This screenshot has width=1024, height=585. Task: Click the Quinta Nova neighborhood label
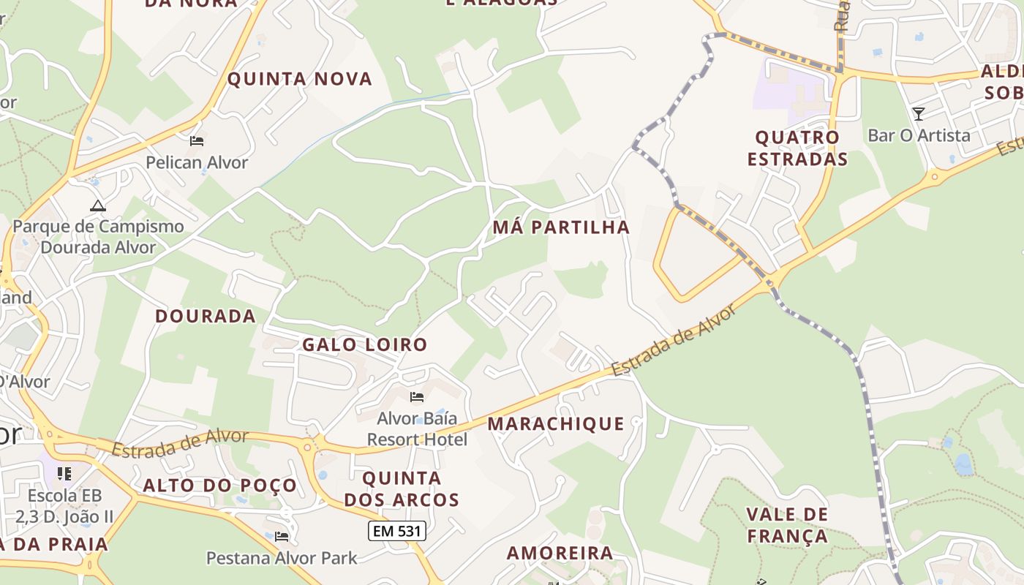click(x=300, y=79)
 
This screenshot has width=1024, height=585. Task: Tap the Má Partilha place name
click(x=561, y=227)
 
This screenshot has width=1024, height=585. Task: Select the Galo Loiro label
click(x=364, y=344)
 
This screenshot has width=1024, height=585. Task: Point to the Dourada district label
click(x=206, y=316)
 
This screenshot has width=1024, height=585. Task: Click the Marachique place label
click(x=556, y=423)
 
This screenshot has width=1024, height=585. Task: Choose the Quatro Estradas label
click(x=797, y=148)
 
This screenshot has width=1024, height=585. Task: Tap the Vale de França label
click(x=787, y=525)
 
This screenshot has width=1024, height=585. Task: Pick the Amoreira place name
click(x=560, y=553)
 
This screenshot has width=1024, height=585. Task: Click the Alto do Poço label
click(x=219, y=485)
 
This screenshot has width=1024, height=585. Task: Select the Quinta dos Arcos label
click(x=402, y=489)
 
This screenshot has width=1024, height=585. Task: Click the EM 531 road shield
click(x=396, y=531)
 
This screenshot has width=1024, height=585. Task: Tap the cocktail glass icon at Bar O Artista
click(x=919, y=113)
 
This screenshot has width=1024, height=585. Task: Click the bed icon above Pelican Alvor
click(x=196, y=140)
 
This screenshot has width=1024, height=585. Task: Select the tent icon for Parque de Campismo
click(x=98, y=205)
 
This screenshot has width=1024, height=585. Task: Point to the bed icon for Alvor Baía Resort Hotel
click(x=417, y=397)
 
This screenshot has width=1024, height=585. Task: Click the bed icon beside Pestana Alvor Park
click(x=282, y=536)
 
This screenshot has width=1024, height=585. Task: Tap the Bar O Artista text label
click(x=919, y=135)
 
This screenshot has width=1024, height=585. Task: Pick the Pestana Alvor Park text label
click(x=282, y=558)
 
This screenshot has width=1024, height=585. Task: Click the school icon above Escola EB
click(x=64, y=474)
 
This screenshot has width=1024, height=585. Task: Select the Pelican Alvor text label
click(x=197, y=162)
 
